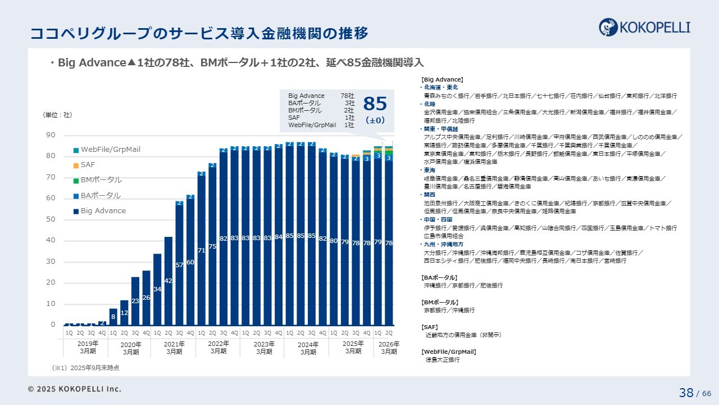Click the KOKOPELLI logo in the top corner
coord(644,26)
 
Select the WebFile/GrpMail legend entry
coord(111,150)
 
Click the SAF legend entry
coord(88,165)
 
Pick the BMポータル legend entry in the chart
coord(101,180)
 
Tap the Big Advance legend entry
coord(103,211)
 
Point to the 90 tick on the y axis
coord(51,135)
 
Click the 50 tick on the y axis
coord(51,219)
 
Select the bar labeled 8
coord(113,317)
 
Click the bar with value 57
coord(179,265)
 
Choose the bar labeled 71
coord(201,250)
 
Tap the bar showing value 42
coord(168,281)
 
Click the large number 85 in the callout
coord(375,104)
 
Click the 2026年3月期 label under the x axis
coord(389,348)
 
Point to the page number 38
coord(686,393)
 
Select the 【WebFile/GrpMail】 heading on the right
coord(448,352)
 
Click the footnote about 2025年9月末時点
coord(85,368)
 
